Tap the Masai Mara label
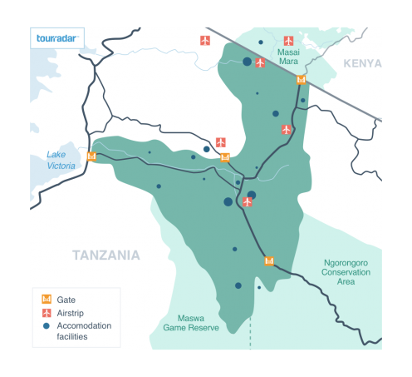click(288, 56)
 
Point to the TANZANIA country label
click(106, 255)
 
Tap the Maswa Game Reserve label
click(198, 323)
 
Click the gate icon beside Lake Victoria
click(91, 156)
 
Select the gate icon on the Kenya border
click(301, 80)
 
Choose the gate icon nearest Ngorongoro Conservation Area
click(268, 260)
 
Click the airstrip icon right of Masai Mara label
click(288, 40)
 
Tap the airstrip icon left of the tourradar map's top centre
click(205, 40)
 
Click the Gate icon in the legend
click(47, 299)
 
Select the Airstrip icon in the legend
click(47, 312)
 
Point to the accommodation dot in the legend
click(47, 326)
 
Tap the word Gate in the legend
click(66, 299)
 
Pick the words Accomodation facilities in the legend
click(83, 330)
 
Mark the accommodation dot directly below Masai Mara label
click(276, 113)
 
